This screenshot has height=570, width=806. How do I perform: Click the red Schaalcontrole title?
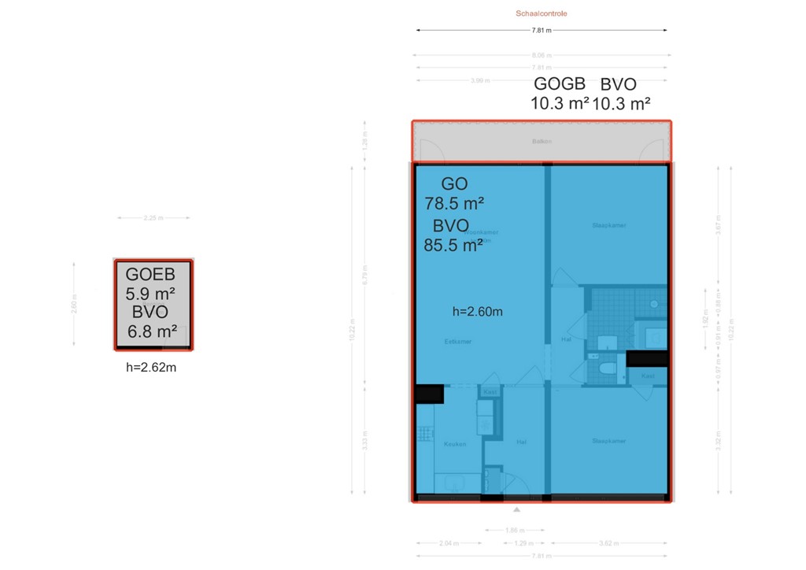(x=541, y=13)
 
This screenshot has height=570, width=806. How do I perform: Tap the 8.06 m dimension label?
(x=542, y=56)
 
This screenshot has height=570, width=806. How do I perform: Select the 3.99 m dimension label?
(x=479, y=80)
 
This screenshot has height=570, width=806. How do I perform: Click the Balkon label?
(x=542, y=142)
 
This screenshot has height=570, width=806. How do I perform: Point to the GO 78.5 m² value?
(x=454, y=203)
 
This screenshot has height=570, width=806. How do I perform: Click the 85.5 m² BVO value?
(x=453, y=245)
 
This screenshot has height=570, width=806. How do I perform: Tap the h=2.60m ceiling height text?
(x=478, y=311)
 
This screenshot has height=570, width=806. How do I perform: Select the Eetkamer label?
(x=457, y=342)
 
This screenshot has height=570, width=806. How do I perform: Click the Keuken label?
(x=455, y=444)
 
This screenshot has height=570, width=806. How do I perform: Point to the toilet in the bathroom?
(x=606, y=369)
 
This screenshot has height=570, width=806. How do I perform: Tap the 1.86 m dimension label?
(x=516, y=530)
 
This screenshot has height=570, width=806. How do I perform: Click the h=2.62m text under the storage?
(x=151, y=367)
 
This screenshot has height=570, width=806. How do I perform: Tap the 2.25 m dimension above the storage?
(x=154, y=218)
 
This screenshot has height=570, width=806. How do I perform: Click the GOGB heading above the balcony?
(x=560, y=84)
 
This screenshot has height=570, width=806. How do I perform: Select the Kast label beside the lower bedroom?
(x=648, y=376)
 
